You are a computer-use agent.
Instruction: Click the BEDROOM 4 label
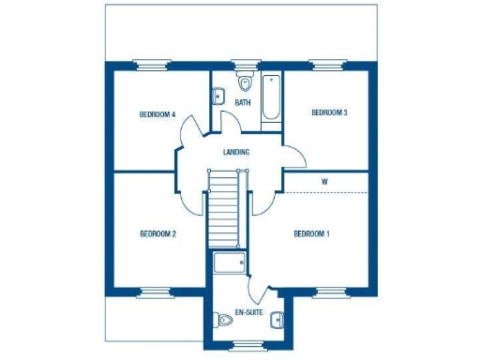click(x=157, y=114)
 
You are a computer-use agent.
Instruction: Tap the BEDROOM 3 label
click(x=330, y=112)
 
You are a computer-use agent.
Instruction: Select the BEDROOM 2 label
click(x=157, y=233)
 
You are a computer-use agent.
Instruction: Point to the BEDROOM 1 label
click(x=311, y=233)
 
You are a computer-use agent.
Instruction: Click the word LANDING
click(x=235, y=152)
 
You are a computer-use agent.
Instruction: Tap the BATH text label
click(x=243, y=102)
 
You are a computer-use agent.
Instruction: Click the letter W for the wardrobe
click(x=323, y=180)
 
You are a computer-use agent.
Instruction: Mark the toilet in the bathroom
click(x=246, y=80)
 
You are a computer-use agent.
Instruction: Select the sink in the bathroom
click(x=219, y=95)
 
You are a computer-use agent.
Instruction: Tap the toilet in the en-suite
click(x=224, y=322)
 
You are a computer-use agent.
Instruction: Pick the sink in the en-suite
click(x=277, y=322)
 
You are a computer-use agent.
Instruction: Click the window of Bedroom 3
click(x=329, y=65)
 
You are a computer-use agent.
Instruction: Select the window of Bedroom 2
click(x=156, y=290)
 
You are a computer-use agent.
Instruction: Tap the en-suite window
click(x=248, y=346)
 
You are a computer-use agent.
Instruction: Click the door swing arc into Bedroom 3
click(x=292, y=155)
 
